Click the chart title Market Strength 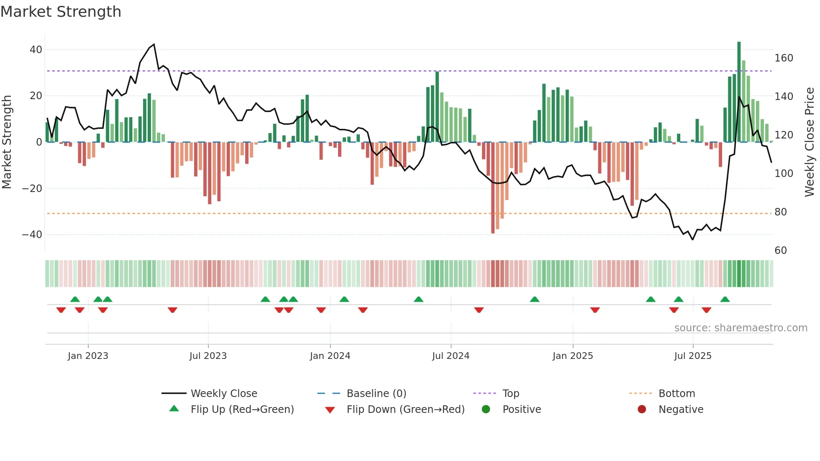tap(61, 12)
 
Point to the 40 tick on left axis tap(36, 50)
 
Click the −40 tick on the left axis tap(33, 235)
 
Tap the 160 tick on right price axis tap(784, 58)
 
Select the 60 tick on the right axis tap(781, 251)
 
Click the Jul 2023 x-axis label tap(208, 356)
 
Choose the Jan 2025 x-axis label tap(573, 356)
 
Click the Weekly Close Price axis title tap(810, 142)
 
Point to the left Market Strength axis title tap(7, 142)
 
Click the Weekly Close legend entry tap(224, 394)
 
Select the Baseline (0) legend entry tap(376, 394)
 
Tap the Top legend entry tap(510, 394)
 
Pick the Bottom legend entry tap(676, 394)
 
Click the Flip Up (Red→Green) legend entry tap(242, 410)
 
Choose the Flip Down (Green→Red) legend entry tap(405, 410)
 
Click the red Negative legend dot tap(642, 410)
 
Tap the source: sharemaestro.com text tap(741, 328)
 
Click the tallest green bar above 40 tap(739, 92)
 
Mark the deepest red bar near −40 tap(493, 188)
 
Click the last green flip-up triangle tap(725, 300)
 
